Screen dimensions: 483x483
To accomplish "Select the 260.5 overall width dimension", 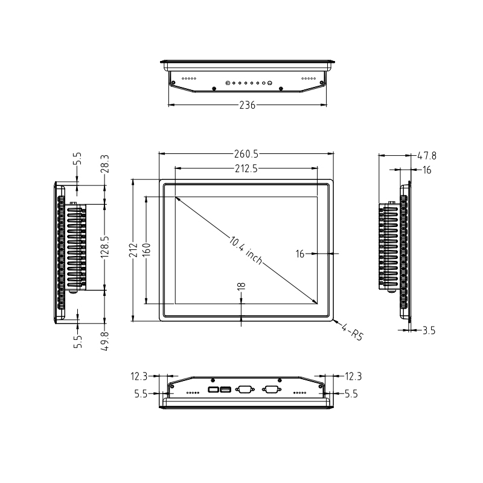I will coord(246,153).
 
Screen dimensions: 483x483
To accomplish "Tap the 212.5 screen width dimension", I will coord(246,170).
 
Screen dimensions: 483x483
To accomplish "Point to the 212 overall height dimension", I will coord(133,250).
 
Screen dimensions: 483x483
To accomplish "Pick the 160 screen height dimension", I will coord(146,249).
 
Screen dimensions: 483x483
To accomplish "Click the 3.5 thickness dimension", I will coord(429,330).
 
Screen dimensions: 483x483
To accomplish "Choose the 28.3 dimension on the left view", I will coord(106,164).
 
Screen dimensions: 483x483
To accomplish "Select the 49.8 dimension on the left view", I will coord(106,339).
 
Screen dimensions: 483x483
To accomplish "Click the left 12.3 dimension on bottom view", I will coord(138,376).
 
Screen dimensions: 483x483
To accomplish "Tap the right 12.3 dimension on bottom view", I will coord(353,376).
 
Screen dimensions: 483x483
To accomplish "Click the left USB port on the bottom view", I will coord(213,390).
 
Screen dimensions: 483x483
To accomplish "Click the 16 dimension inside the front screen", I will coord(300,254).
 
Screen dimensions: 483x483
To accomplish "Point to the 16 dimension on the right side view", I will coord(427,170).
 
